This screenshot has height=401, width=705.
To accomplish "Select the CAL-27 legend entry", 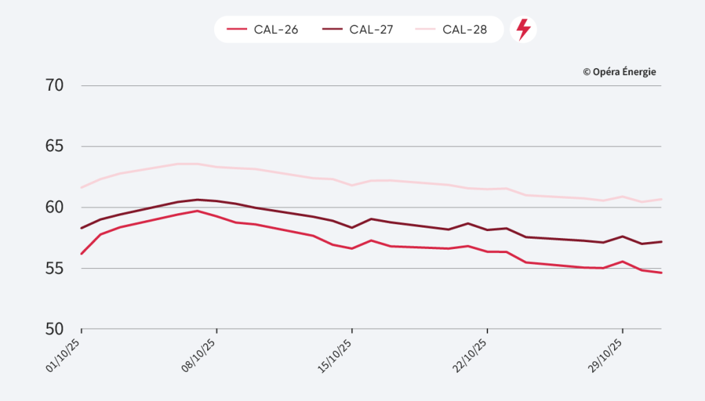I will [357, 30].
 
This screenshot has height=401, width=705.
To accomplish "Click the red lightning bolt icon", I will [523, 30].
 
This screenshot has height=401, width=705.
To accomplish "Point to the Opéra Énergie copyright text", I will [619, 72].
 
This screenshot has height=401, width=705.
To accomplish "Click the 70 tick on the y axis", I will [55, 86].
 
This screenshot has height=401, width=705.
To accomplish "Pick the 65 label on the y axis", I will [55, 147].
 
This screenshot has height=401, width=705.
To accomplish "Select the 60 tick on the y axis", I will [55, 207].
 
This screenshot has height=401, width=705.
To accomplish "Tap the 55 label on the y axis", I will [55, 268].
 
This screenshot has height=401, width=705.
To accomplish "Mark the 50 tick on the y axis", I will [55, 329].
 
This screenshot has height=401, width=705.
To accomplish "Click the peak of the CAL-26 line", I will [198, 210].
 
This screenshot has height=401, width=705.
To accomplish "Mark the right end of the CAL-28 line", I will [661, 199].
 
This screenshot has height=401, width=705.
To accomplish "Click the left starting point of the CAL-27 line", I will [81, 228].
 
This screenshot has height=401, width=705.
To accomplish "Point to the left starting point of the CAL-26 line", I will [81, 254].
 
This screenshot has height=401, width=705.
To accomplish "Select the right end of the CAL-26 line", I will [661, 273].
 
